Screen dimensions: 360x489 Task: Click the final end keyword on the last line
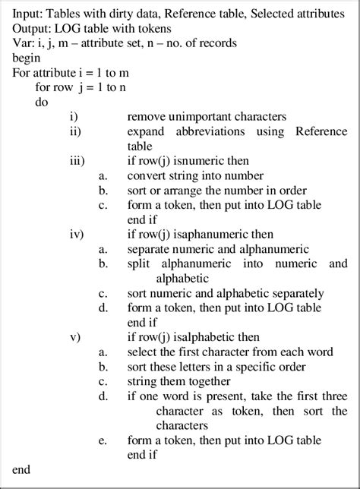coord(22,469)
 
